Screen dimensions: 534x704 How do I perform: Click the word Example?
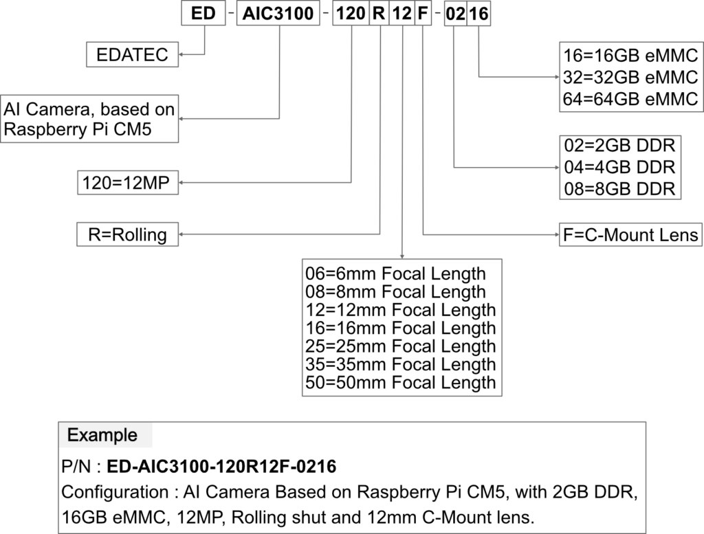pos(102,435)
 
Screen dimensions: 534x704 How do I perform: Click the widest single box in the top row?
pos(278,14)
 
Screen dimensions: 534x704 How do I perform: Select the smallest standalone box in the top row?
pos(203,14)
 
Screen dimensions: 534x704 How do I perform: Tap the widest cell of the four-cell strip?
pos(351,14)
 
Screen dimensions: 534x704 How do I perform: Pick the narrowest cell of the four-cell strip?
pos(423,14)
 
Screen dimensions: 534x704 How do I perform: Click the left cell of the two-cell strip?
pos(456,14)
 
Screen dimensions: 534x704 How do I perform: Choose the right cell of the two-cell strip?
pos(478,14)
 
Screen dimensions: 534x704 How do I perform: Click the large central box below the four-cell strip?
pos(401,327)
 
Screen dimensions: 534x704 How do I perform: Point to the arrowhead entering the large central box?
pos(402,257)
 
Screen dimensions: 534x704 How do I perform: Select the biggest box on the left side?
pos(89,119)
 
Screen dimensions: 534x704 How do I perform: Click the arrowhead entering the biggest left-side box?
pos(181,119)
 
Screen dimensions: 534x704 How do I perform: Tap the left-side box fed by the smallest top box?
pos(132,54)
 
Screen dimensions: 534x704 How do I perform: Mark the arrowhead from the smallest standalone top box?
pos(181,54)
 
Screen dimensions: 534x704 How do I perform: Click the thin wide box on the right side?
pos(630,234)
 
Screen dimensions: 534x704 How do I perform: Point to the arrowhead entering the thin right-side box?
pos(557,234)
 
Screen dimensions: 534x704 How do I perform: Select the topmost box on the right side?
pos(630,76)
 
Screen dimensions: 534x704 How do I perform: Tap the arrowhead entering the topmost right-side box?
pos(557,77)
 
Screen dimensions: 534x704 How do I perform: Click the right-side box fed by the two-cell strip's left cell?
pos(619,167)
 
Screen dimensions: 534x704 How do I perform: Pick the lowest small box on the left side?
pos(127,234)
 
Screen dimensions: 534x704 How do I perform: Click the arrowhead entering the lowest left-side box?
pos(181,234)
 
